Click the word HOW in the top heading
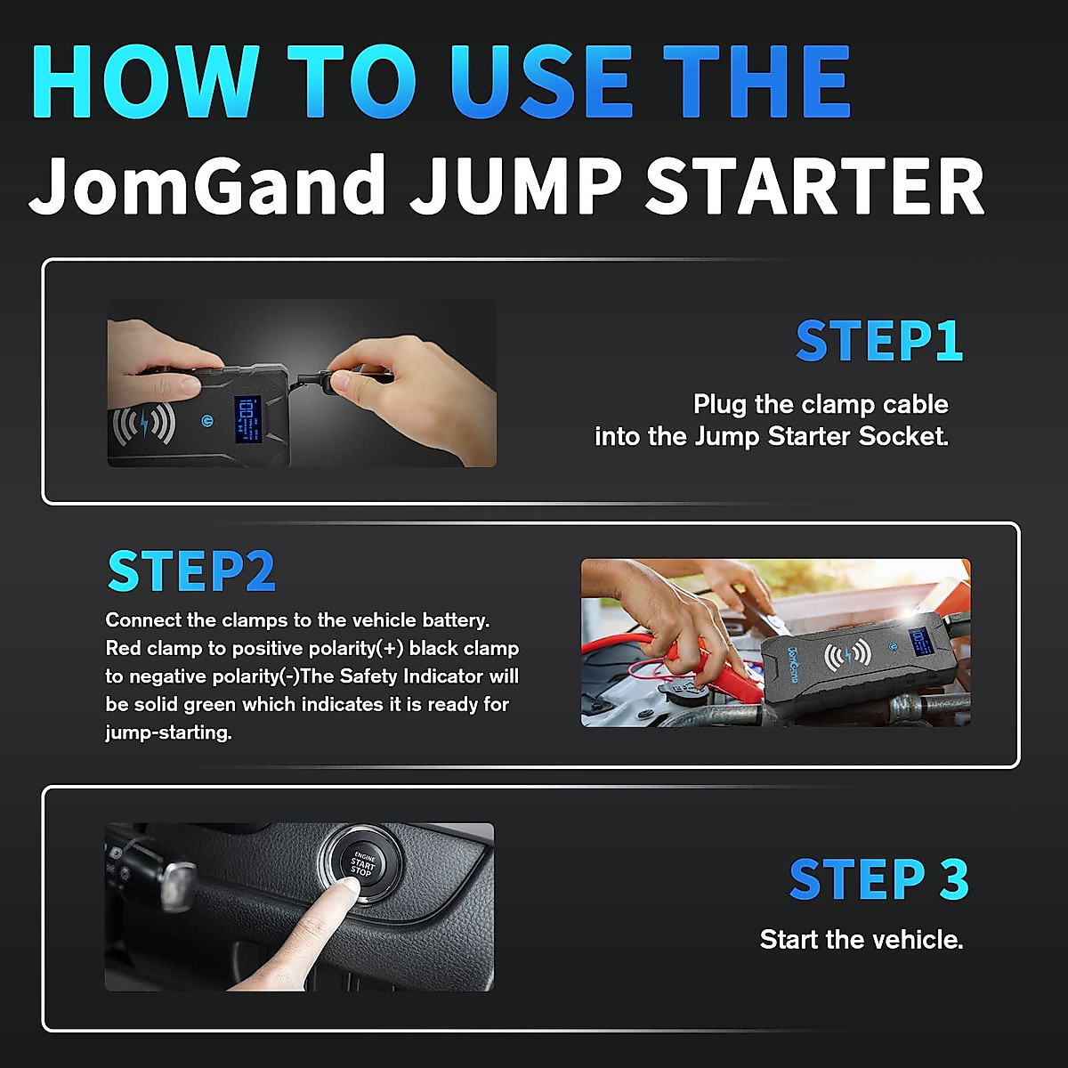(147, 82)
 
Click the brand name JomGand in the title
(207, 185)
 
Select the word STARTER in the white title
(814, 185)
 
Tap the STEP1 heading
(878, 342)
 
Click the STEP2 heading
(191, 571)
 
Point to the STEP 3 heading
(878, 879)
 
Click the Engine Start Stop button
(362, 862)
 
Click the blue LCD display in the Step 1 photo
(247, 419)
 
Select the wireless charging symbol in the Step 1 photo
(142, 426)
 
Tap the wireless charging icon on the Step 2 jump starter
(846, 657)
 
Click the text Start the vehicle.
(862, 940)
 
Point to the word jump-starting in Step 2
(168, 732)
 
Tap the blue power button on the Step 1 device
(207, 421)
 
